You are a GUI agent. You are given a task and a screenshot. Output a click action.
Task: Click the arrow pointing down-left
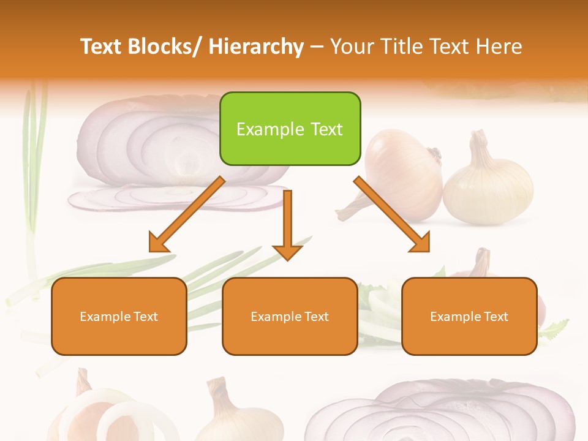pyautogui.click(x=187, y=214)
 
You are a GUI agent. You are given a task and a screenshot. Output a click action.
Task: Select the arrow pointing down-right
pyautogui.click(x=392, y=214)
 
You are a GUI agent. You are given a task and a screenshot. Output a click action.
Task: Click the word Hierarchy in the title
pyautogui.click(x=256, y=47)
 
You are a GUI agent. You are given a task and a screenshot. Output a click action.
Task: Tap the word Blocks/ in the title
pyautogui.click(x=165, y=47)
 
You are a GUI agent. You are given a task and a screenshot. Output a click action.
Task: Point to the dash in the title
pyautogui.click(x=317, y=47)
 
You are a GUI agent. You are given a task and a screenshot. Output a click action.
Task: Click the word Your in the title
pyautogui.click(x=350, y=47)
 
